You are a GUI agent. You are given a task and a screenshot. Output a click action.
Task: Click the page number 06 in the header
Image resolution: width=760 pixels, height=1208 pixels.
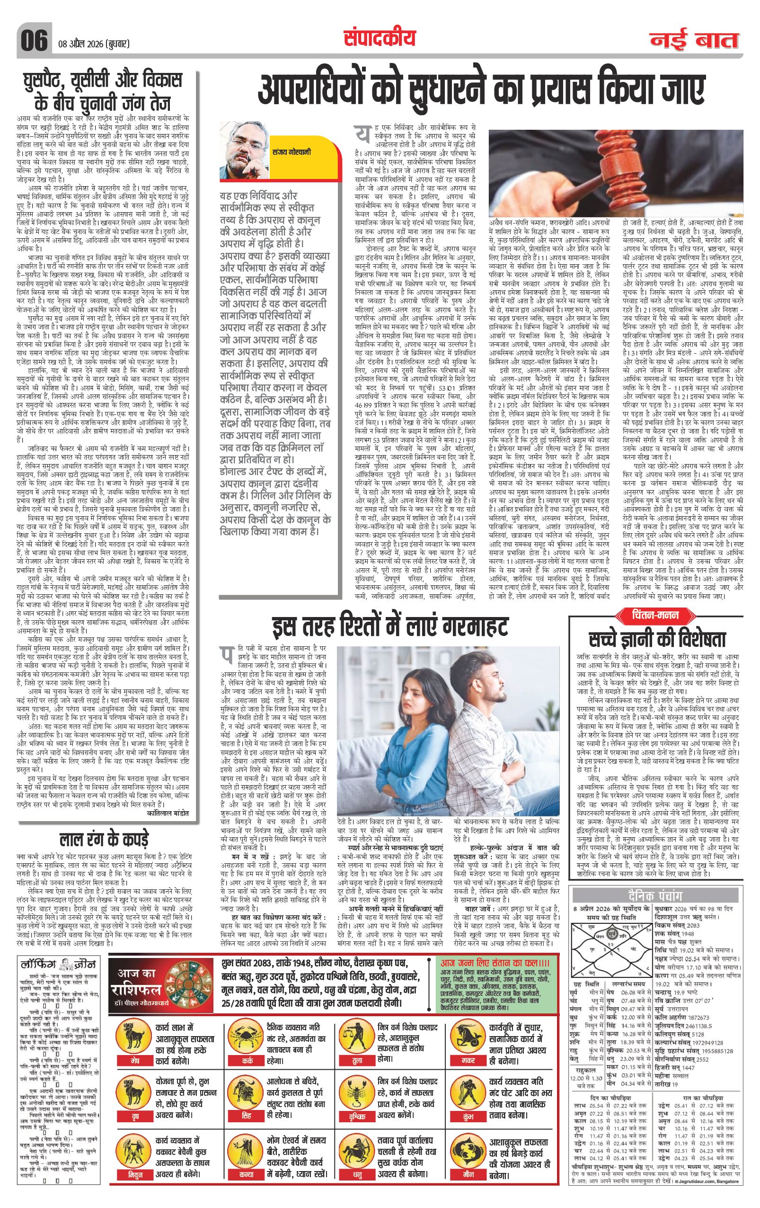(34, 39)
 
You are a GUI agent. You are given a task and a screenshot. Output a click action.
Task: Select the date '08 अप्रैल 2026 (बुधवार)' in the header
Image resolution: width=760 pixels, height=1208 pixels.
(94, 43)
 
